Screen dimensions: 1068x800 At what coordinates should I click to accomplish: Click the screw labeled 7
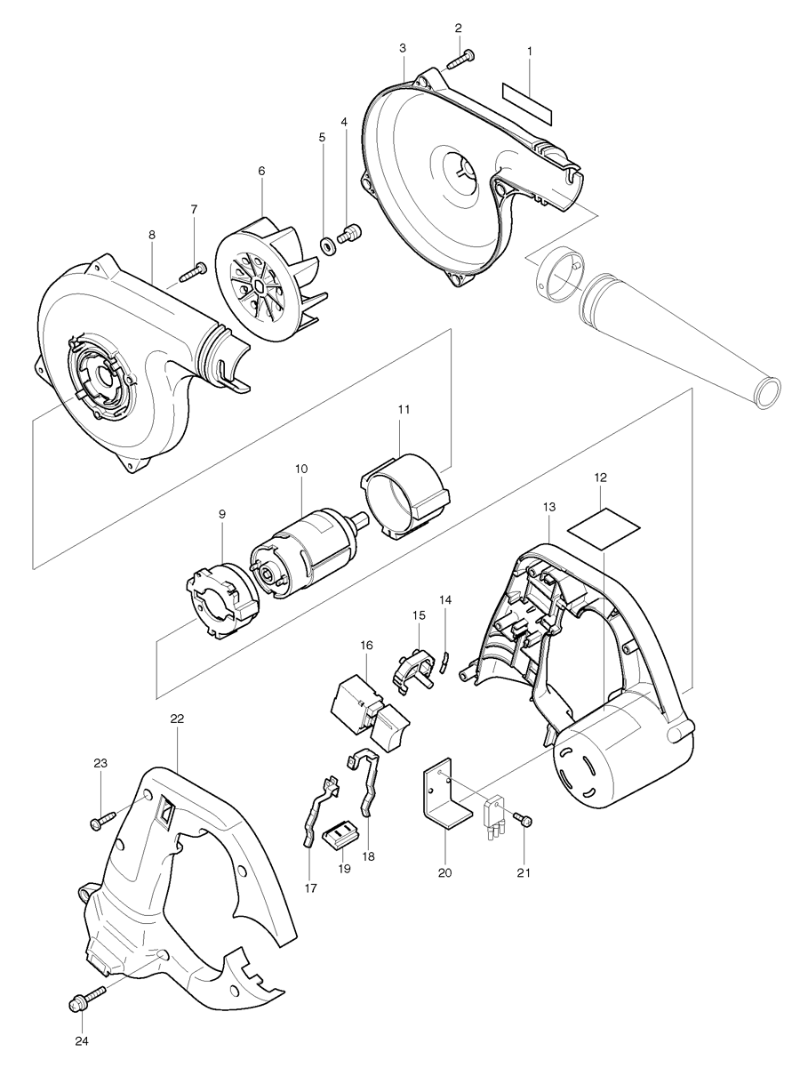click(x=192, y=270)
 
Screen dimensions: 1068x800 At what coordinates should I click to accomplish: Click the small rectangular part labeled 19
click(x=339, y=835)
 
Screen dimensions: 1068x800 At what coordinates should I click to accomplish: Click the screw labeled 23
click(x=102, y=821)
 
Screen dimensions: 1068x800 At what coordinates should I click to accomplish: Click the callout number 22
click(x=177, y=719)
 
